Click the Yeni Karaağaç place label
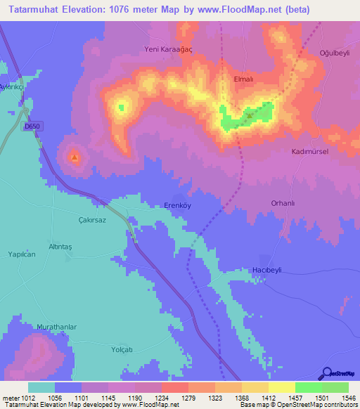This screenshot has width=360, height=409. pos(168,50)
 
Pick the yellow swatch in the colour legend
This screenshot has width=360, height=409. pos(281,387)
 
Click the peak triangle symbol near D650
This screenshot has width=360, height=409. pos(75,157)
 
